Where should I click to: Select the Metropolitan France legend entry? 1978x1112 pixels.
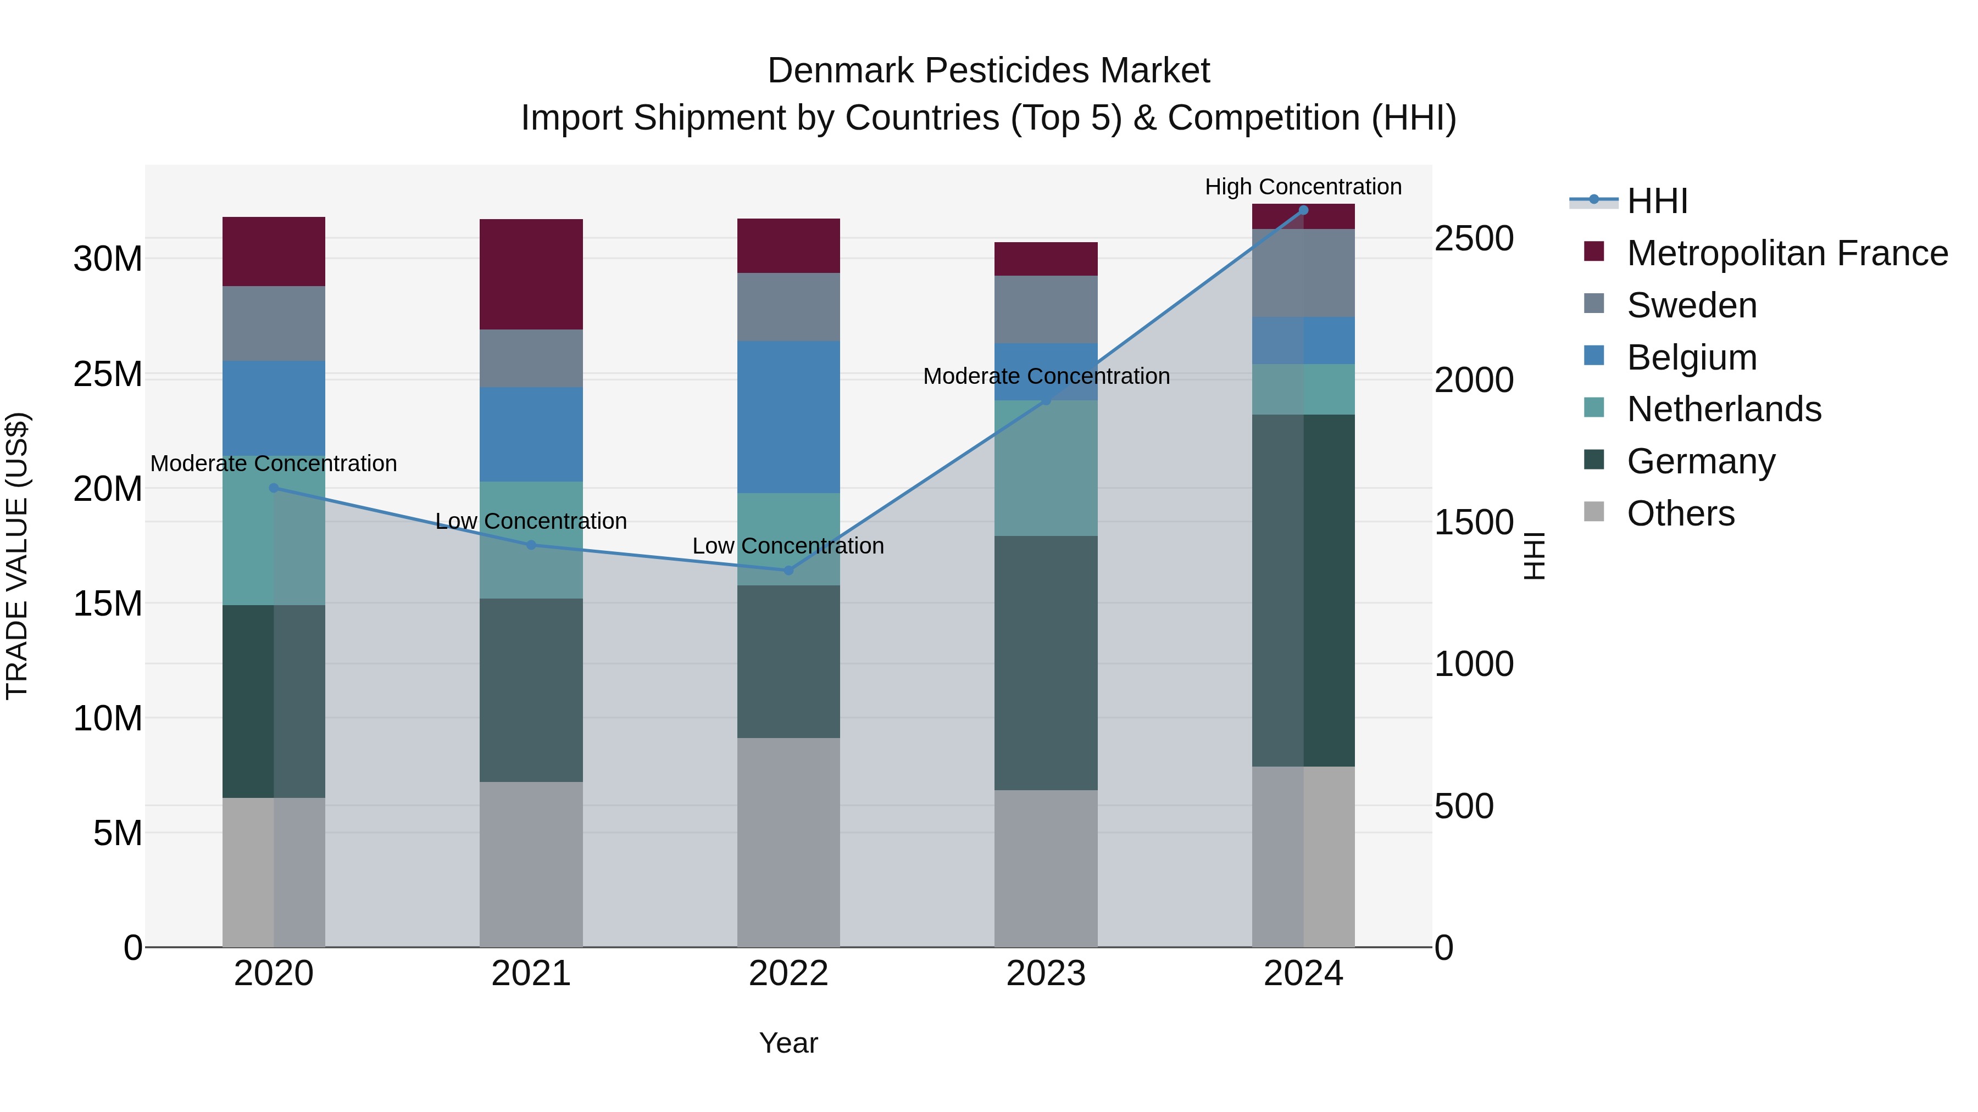[1786, 253]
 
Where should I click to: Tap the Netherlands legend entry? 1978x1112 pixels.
[1723, 409]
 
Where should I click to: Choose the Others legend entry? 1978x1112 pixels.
[1680, 513]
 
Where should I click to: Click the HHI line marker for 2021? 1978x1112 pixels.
[531, 545]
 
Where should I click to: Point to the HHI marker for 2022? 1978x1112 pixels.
[788, 570]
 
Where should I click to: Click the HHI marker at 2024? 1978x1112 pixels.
[1303, 210]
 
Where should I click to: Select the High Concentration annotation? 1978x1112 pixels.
[1303, 187]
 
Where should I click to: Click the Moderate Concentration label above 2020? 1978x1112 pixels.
[274, 463]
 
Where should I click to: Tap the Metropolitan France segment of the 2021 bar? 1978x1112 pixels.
[531, 274]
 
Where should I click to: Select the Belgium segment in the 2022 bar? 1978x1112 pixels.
[788, 417]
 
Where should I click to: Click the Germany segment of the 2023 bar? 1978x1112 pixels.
[1046, 662]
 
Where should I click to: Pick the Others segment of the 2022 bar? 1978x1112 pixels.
[788, 842]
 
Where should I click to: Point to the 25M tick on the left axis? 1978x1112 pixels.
[108, 375]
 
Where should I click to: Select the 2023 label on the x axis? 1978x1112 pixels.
[1046, 974]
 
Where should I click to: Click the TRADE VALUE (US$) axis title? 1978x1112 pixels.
[17, 556]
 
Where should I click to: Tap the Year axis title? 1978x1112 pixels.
[788, 1043]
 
